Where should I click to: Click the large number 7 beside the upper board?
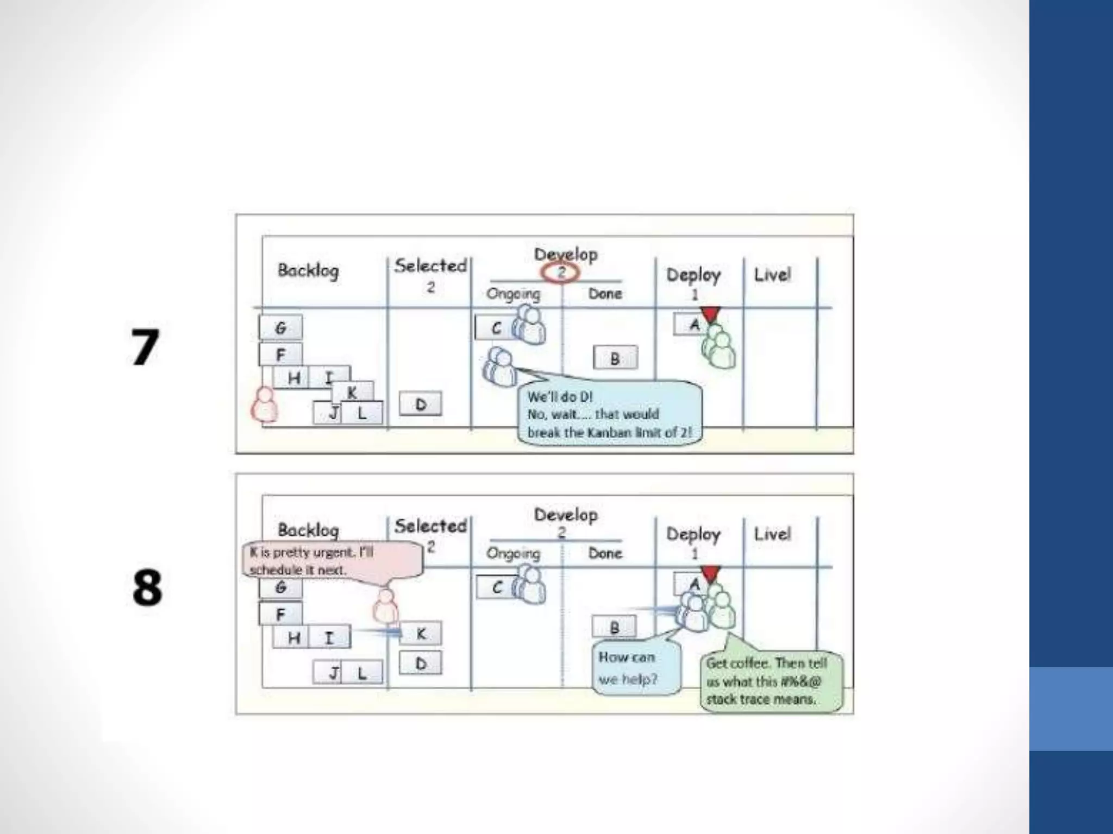tap(145, 347)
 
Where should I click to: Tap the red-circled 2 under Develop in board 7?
tap(561, 272)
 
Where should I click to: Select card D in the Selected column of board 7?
tap(421, 405)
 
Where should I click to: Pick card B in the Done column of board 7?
tap(615, 358)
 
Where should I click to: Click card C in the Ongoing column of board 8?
tap(496, 587)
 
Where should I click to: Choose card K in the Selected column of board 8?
tap(421, 634)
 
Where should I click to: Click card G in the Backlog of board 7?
tap(280, 328)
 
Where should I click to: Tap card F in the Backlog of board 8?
tap(280, 614)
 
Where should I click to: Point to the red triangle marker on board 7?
tap(710, 314)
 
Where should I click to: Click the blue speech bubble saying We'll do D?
tap(609, 414)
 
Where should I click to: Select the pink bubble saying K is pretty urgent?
tap(332, 560)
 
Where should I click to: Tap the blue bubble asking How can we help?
tap(636, 668)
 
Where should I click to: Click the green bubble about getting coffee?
tap(771, 681)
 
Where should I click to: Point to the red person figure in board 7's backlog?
tap(265, 405)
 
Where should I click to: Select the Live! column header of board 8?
tap(772, 534)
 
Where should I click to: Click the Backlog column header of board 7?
tap(308, 270)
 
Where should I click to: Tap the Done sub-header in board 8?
tap(605, 553)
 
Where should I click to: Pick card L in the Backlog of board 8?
tap(361, 673)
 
